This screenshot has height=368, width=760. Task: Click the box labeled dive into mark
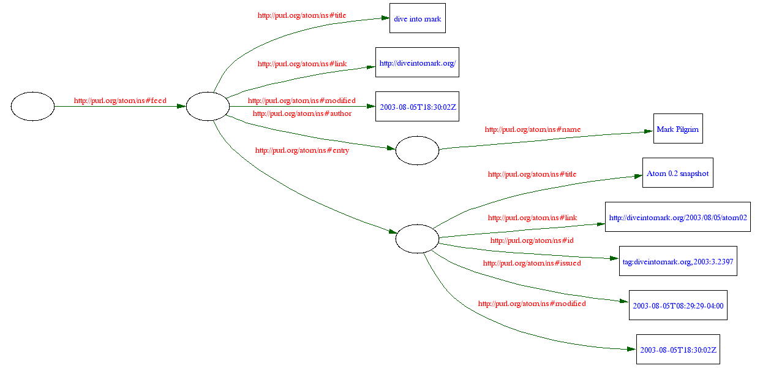click(417, 18)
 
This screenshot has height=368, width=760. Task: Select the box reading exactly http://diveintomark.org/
click(417, 63)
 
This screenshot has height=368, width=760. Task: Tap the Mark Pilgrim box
click(677, 129)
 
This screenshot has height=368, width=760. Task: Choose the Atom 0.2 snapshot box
click(677, 173)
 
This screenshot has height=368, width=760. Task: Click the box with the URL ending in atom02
click(677, 217)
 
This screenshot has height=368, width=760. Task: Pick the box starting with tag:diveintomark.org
click(677, 261)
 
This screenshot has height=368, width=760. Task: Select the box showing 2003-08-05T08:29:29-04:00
click(677, 305)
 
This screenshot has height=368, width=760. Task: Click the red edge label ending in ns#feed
click(120, 101)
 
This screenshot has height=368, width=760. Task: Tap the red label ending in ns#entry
click(302, 150)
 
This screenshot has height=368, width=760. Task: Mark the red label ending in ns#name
click(532, 129)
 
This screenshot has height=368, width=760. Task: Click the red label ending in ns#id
click(532, 240)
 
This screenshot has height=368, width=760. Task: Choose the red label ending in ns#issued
click(532, 263)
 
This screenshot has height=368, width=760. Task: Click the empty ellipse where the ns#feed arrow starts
click(32, 107)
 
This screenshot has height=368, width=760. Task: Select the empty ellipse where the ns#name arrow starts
click(417, 151)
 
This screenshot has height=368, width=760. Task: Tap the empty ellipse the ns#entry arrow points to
click(417, 239)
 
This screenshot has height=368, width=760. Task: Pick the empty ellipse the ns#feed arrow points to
click(208, 107)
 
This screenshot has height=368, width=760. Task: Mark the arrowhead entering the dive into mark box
click(385, 18)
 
